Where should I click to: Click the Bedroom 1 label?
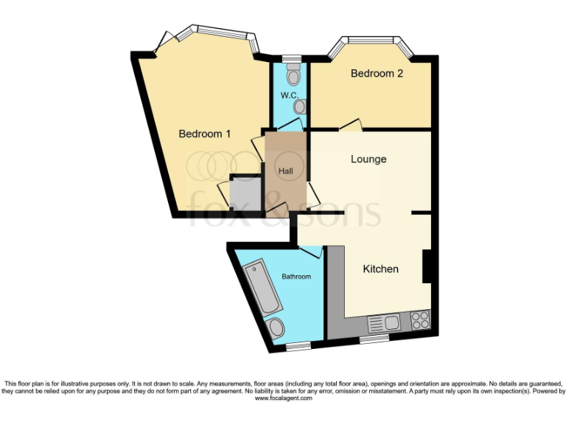pyautogui.click(x=205, y=134)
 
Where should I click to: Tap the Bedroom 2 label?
pyautogui.click(x=377, y=74)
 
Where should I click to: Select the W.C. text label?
pyautogui.click(x=287, y=95)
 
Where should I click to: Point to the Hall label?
pyautogui.click(x=285, y=170)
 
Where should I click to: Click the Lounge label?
pyautogui.click(x=368, y=159)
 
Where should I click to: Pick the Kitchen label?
pyautogui.click(x=380, y=269)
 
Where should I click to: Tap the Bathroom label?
pyautogui.click(x=296, y=277)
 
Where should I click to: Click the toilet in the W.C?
pyautogui.click(x=293, y=75)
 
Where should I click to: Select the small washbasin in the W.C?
pyautogui.click(x=298, y=106)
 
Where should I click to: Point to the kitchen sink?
pyautogui.click(x=383, y=322)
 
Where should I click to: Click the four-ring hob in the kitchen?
pyautogui.click(x=419, y=320)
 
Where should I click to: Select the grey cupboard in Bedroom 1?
pyautogui.click(x=243, y=193)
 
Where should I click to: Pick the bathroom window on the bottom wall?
pyautogui.click(x=298, y=345)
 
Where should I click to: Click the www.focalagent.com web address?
pyautogui.click(x=283, y=398)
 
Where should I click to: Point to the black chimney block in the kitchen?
pyautogui.click(x=426, y=266)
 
